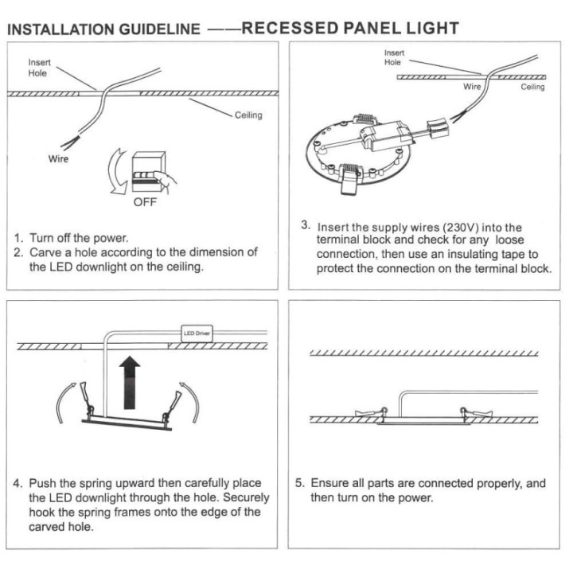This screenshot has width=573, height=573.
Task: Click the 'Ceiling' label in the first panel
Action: coord(248,115)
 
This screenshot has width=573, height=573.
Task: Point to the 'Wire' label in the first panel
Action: coord(59,159)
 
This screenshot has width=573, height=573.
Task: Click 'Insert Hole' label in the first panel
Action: coord(38,68)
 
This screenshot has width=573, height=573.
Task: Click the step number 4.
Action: coord(18,484)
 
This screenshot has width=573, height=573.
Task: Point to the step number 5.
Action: coord(300,484)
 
